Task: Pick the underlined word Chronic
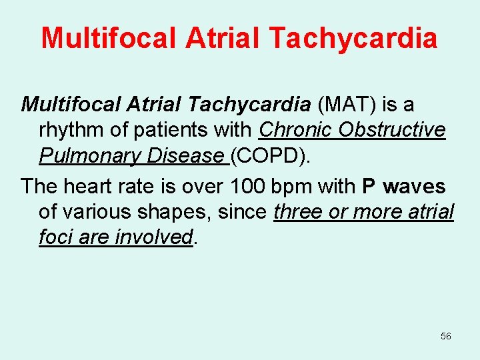[x=295, y=129]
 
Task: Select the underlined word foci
[x=56, y=237]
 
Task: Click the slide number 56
[x=446, y=337]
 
